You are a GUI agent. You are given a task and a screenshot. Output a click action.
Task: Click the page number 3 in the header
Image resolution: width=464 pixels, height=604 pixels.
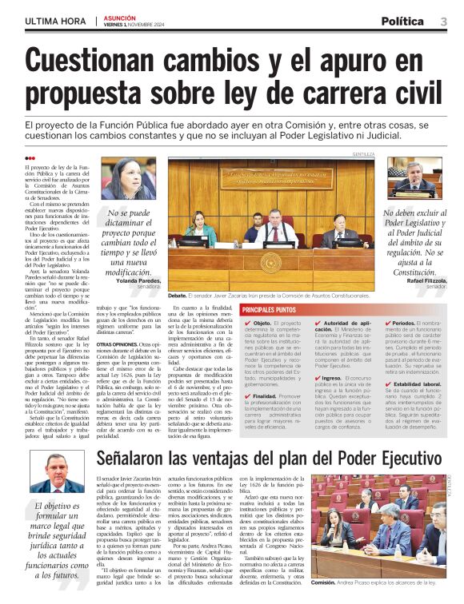[442, 21]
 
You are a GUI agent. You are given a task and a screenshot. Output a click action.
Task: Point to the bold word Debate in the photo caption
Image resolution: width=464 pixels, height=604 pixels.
[178, 295]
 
